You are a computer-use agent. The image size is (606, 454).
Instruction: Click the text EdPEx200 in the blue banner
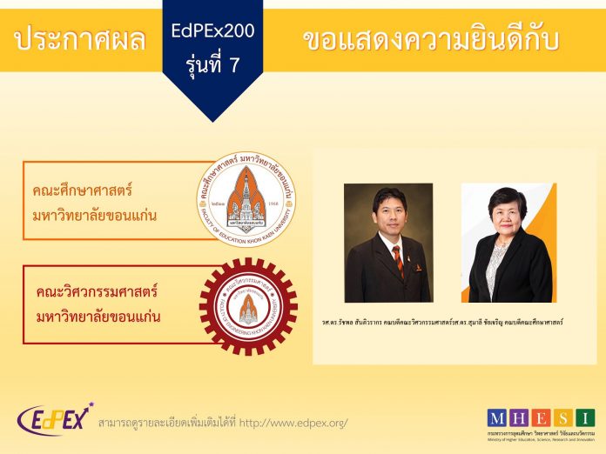coord(212,31)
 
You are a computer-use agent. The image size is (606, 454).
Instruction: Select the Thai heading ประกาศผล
coord(80,39)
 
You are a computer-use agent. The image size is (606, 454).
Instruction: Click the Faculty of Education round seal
coord(246,199)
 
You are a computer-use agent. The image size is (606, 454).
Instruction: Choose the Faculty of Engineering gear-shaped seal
coord(248,306)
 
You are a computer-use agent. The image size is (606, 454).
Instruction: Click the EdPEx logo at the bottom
coord(53,419)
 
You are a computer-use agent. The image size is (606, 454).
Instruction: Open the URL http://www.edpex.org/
coord(293,423)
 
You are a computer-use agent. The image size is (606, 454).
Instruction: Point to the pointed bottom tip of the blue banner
coord(212,120)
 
